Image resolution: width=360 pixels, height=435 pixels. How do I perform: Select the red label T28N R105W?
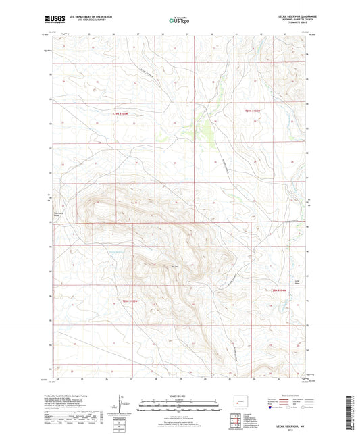pyautogui.click(x=129, y=301)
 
